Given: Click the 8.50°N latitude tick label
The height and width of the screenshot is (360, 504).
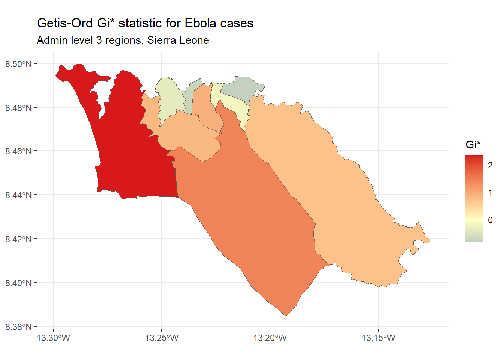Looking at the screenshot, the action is click(x=18, y=64).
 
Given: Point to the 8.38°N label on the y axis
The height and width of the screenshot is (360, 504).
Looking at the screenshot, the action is click(x=18, y=327).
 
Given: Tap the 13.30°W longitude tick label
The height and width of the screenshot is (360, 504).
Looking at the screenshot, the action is click(x=53, y=338).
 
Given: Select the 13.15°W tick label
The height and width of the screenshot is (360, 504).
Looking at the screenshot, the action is click(x=378, y=338).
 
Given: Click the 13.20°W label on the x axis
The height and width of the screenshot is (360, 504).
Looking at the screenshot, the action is click(x=270, y=338).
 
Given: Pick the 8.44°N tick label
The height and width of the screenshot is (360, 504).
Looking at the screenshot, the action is click(x=18, y=195).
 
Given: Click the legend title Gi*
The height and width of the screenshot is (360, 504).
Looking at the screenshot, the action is click(x=473, y=144).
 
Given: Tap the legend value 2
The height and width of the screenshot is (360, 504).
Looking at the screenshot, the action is click(x=490, y=165).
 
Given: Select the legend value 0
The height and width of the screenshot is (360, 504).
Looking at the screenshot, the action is click(x=490, y=220).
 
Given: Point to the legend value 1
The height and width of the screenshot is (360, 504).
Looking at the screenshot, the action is click(x=490, y=193).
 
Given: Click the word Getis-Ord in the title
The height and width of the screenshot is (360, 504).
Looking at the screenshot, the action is click(x=65, y=23).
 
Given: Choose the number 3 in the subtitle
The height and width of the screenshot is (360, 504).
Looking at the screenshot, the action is click(x=99, y=40).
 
